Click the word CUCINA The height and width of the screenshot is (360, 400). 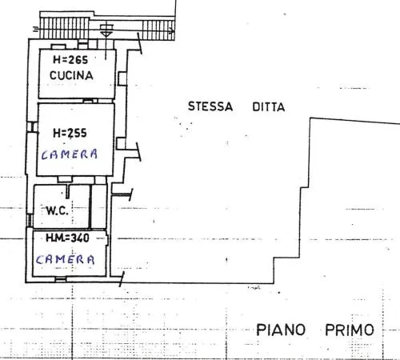pyautogui.click(x=71, y=75)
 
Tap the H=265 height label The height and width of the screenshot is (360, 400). pyautogui.click(x=70, y=60)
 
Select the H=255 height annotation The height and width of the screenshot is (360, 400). pyautogui.click(x=70, y=133)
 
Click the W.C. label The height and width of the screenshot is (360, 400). pyautogui.click(x=58, y=210)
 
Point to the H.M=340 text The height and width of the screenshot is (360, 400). pyautogui.click(x=67, y=238)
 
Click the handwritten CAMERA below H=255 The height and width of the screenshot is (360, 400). pyautogui.click(x=70, y=154)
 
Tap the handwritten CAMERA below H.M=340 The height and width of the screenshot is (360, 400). pyautogui.click(x=65, y=259)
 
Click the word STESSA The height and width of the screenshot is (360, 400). pyautogui.click(x=210, y=106)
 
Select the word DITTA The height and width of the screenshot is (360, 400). pyautogui.click(x=269, y=107)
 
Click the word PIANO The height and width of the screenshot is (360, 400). pyautogui.click(x=281, y=330)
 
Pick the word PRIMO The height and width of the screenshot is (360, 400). pyautogui.click(x=350, y=330)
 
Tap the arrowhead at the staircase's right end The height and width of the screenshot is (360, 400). pyautogui.click(x=172, y=30)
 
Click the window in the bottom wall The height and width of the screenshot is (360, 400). pyautogui.click(x=61, y=279)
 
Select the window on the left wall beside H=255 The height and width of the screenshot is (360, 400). pyautogui.click(x=32, y=126)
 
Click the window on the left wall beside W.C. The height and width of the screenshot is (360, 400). pyautogui.click(x=30, y=220)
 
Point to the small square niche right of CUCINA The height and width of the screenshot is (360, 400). pyautogui.click(x=122, y=78)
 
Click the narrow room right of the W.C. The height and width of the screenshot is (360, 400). pyautogui.click(x=98, y=206)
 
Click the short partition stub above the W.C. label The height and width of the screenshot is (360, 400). pyautogui.click(x=68, y=191)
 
